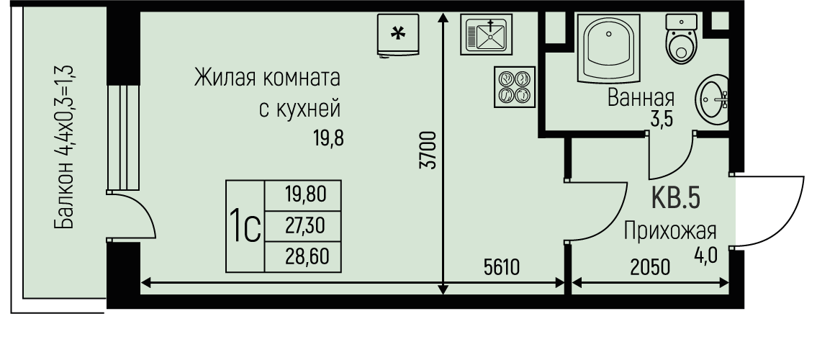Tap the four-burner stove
point(514,86)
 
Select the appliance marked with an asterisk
point(397,33)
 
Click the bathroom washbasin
point(713,99)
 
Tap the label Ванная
point(641,97)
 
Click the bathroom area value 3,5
point(661,119)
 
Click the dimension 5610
point(502,268)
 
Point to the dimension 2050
point(650,268)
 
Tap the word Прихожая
point(669,231)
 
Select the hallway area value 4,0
point(707,255)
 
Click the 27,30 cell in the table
point(304,225)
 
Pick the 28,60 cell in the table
point(304,256)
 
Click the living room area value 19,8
point(328,138)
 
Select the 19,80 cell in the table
point(304,194)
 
